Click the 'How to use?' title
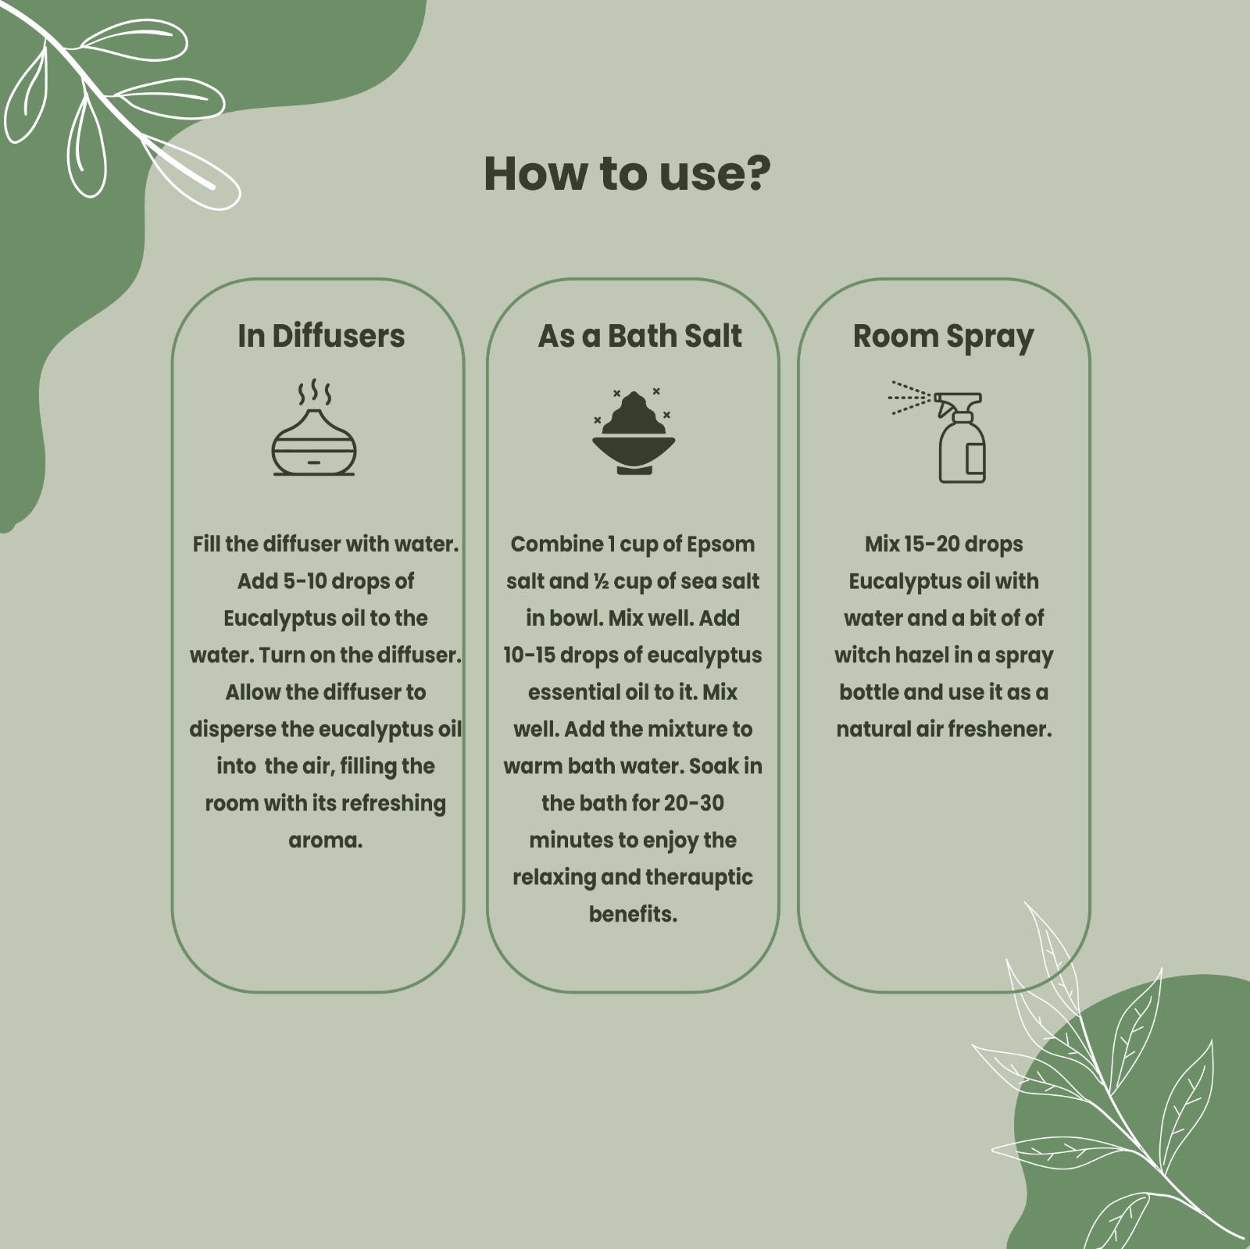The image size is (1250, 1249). (x=627, y=173)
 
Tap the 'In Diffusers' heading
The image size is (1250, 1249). (x=321, y=336)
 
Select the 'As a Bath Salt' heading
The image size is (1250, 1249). (x=640, y=336)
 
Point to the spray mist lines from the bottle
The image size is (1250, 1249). (x=910, y=398)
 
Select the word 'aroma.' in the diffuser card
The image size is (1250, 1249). (x=326, y=840)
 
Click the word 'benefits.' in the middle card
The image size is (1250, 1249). (x=633, y=914)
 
